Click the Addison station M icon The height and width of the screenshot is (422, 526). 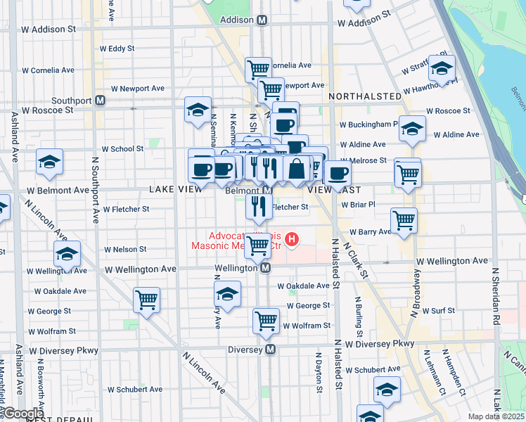coord(262,20)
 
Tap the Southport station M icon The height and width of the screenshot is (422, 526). coord(101,101)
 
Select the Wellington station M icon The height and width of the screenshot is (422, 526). coord(266,268)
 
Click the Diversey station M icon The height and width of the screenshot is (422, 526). coord(269,349)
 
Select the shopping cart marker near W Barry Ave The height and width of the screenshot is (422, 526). coord(404,220)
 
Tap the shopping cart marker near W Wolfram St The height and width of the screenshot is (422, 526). coord(266,320)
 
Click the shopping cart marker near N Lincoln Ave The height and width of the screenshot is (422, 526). coord(147,300)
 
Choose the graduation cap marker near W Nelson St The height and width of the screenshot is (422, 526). coord(67,253)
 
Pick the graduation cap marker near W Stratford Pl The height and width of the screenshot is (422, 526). coord(442,68)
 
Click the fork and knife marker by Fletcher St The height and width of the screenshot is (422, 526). coord(259,205)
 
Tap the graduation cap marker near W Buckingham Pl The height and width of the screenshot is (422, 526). coord(412,129)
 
